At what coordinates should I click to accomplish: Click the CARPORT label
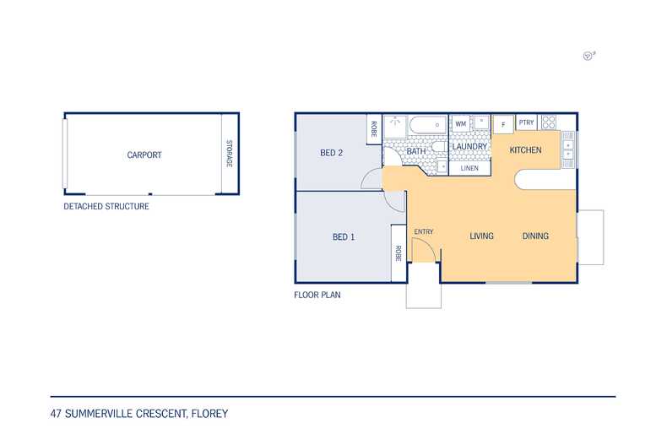(x=144, y=155)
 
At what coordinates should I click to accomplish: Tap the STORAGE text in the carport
(x=228, y=154)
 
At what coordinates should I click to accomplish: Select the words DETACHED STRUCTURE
(x=106, y=206)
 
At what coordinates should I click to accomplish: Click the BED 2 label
(x=331, y=153)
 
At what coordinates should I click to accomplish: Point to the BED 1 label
(x=344, y=236)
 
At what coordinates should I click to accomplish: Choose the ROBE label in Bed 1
(x=397, y=253)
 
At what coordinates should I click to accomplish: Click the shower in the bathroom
(x=394, y=126)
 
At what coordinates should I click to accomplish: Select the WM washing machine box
(x=461, y=124)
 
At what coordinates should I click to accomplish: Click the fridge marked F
(x=503, y=124)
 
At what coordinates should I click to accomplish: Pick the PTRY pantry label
(x=527, y=122)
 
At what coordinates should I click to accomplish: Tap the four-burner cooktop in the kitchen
(x=549, y=122)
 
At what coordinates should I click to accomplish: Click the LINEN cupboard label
(x=469, y=168)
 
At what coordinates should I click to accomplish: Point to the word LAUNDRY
(x=469, y=147)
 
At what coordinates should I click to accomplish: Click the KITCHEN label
(x=525, y=150)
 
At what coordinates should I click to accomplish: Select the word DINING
(x=535, y=236)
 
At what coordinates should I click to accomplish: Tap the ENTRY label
(x=423, y=231)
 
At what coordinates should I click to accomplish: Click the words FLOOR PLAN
(x=317, y=296)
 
